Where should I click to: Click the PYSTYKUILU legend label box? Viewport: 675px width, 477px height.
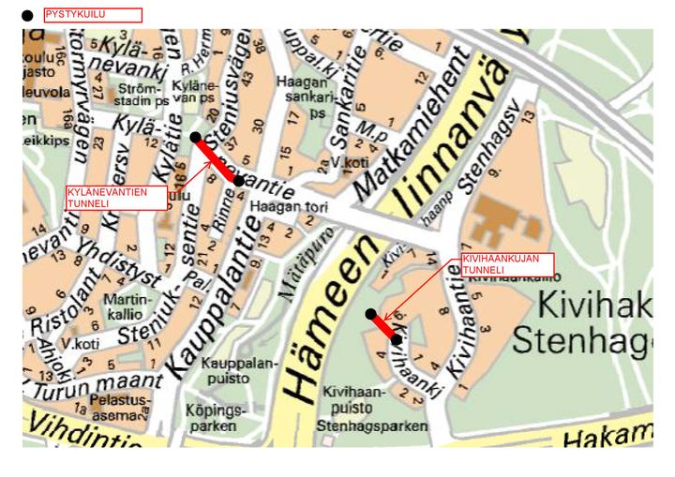(x=93, y=15)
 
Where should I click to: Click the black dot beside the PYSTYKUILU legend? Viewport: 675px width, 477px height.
(x=27, y=16)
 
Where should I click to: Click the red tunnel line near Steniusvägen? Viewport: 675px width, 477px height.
(x=217, y=158)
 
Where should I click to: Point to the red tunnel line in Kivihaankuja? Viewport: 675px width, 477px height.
(x=384, y=327)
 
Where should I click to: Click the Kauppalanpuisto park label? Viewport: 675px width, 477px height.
(x=227, y=370)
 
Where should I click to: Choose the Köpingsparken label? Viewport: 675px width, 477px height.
(x=215, y=419)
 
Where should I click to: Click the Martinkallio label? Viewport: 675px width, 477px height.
(x=124, y=306)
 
